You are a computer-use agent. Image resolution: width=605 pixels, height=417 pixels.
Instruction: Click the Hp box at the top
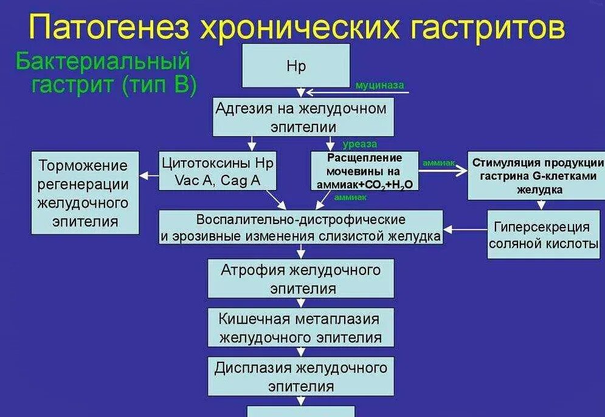click(x=296, y=66)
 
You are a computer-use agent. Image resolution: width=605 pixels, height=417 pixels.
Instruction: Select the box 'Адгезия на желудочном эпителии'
click(x=302, y=117)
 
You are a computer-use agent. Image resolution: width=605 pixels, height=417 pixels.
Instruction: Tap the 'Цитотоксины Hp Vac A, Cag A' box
click(x=217, y=171)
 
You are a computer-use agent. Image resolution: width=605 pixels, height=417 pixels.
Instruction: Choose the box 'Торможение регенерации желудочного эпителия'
click(x=84, y=192)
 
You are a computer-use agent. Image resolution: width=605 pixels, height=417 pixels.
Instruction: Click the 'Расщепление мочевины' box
click(x=364, y=171)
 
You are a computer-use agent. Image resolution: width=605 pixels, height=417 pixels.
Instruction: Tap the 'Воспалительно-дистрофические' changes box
click(x=300, y=228)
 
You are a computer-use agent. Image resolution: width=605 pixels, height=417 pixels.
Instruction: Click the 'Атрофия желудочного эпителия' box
click(x=300, y=278)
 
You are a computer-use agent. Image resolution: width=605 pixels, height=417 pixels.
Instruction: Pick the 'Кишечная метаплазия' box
click(x=300, y=328)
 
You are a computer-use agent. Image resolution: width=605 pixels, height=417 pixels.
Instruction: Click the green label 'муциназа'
click(x=379, y=86)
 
